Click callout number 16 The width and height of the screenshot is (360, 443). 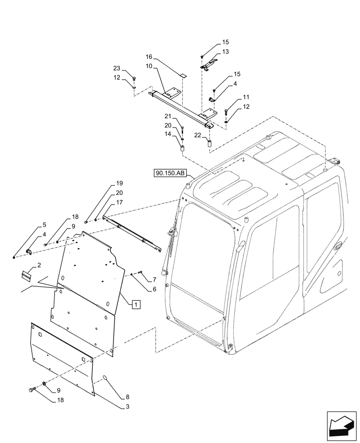click(x=149, y=57)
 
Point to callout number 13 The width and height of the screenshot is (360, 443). click(x=226, y=52)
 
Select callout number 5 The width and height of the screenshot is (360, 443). click(x=44, y=225)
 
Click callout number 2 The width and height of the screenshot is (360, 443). click(x=39, y=265)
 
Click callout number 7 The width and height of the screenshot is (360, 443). click(x=154, y=280)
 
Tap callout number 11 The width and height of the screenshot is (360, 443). click(x=246, y=97)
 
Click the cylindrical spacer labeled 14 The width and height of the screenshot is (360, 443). click(x=182, y=148)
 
